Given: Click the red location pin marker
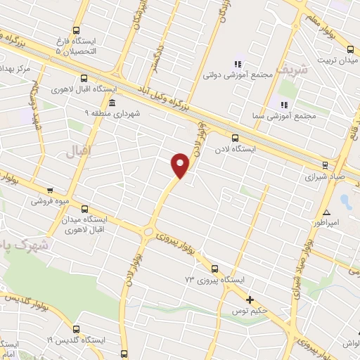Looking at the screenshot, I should [181, 165].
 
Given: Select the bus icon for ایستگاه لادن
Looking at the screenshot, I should [235, 138].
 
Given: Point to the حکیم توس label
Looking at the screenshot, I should [251, 310].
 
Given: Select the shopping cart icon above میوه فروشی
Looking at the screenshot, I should [49, 190].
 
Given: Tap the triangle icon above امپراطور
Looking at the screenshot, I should [326, 212].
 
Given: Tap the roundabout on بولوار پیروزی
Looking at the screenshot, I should [148, 233].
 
